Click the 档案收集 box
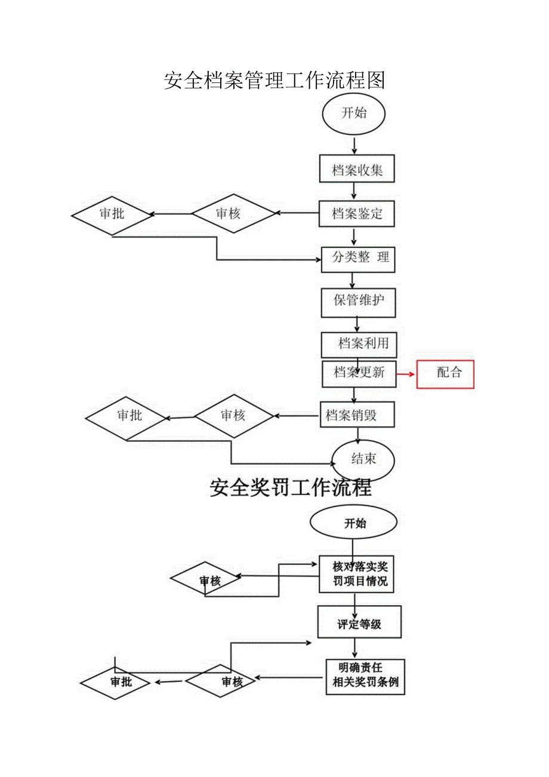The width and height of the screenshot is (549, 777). pos(357,170)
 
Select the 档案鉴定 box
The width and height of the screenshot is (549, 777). pos(357,213)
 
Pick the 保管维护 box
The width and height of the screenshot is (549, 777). pos(358,300)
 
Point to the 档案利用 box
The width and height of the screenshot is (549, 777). pos(359,344)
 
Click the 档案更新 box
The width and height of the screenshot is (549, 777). pos(359,373)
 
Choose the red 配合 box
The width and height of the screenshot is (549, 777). pos(445,374)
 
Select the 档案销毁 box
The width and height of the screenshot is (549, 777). pos(357,414)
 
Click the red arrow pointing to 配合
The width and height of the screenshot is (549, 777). pos(406,374)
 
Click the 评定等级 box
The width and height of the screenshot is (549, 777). pos(359,624)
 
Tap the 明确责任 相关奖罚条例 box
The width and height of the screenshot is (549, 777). pos(365,677)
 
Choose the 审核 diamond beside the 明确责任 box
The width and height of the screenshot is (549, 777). pos(221,681)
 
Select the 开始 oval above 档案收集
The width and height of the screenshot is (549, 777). pos(354,113)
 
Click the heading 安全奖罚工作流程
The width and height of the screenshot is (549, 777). pos(291,488)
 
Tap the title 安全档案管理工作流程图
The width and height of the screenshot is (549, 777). pos(274,80)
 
